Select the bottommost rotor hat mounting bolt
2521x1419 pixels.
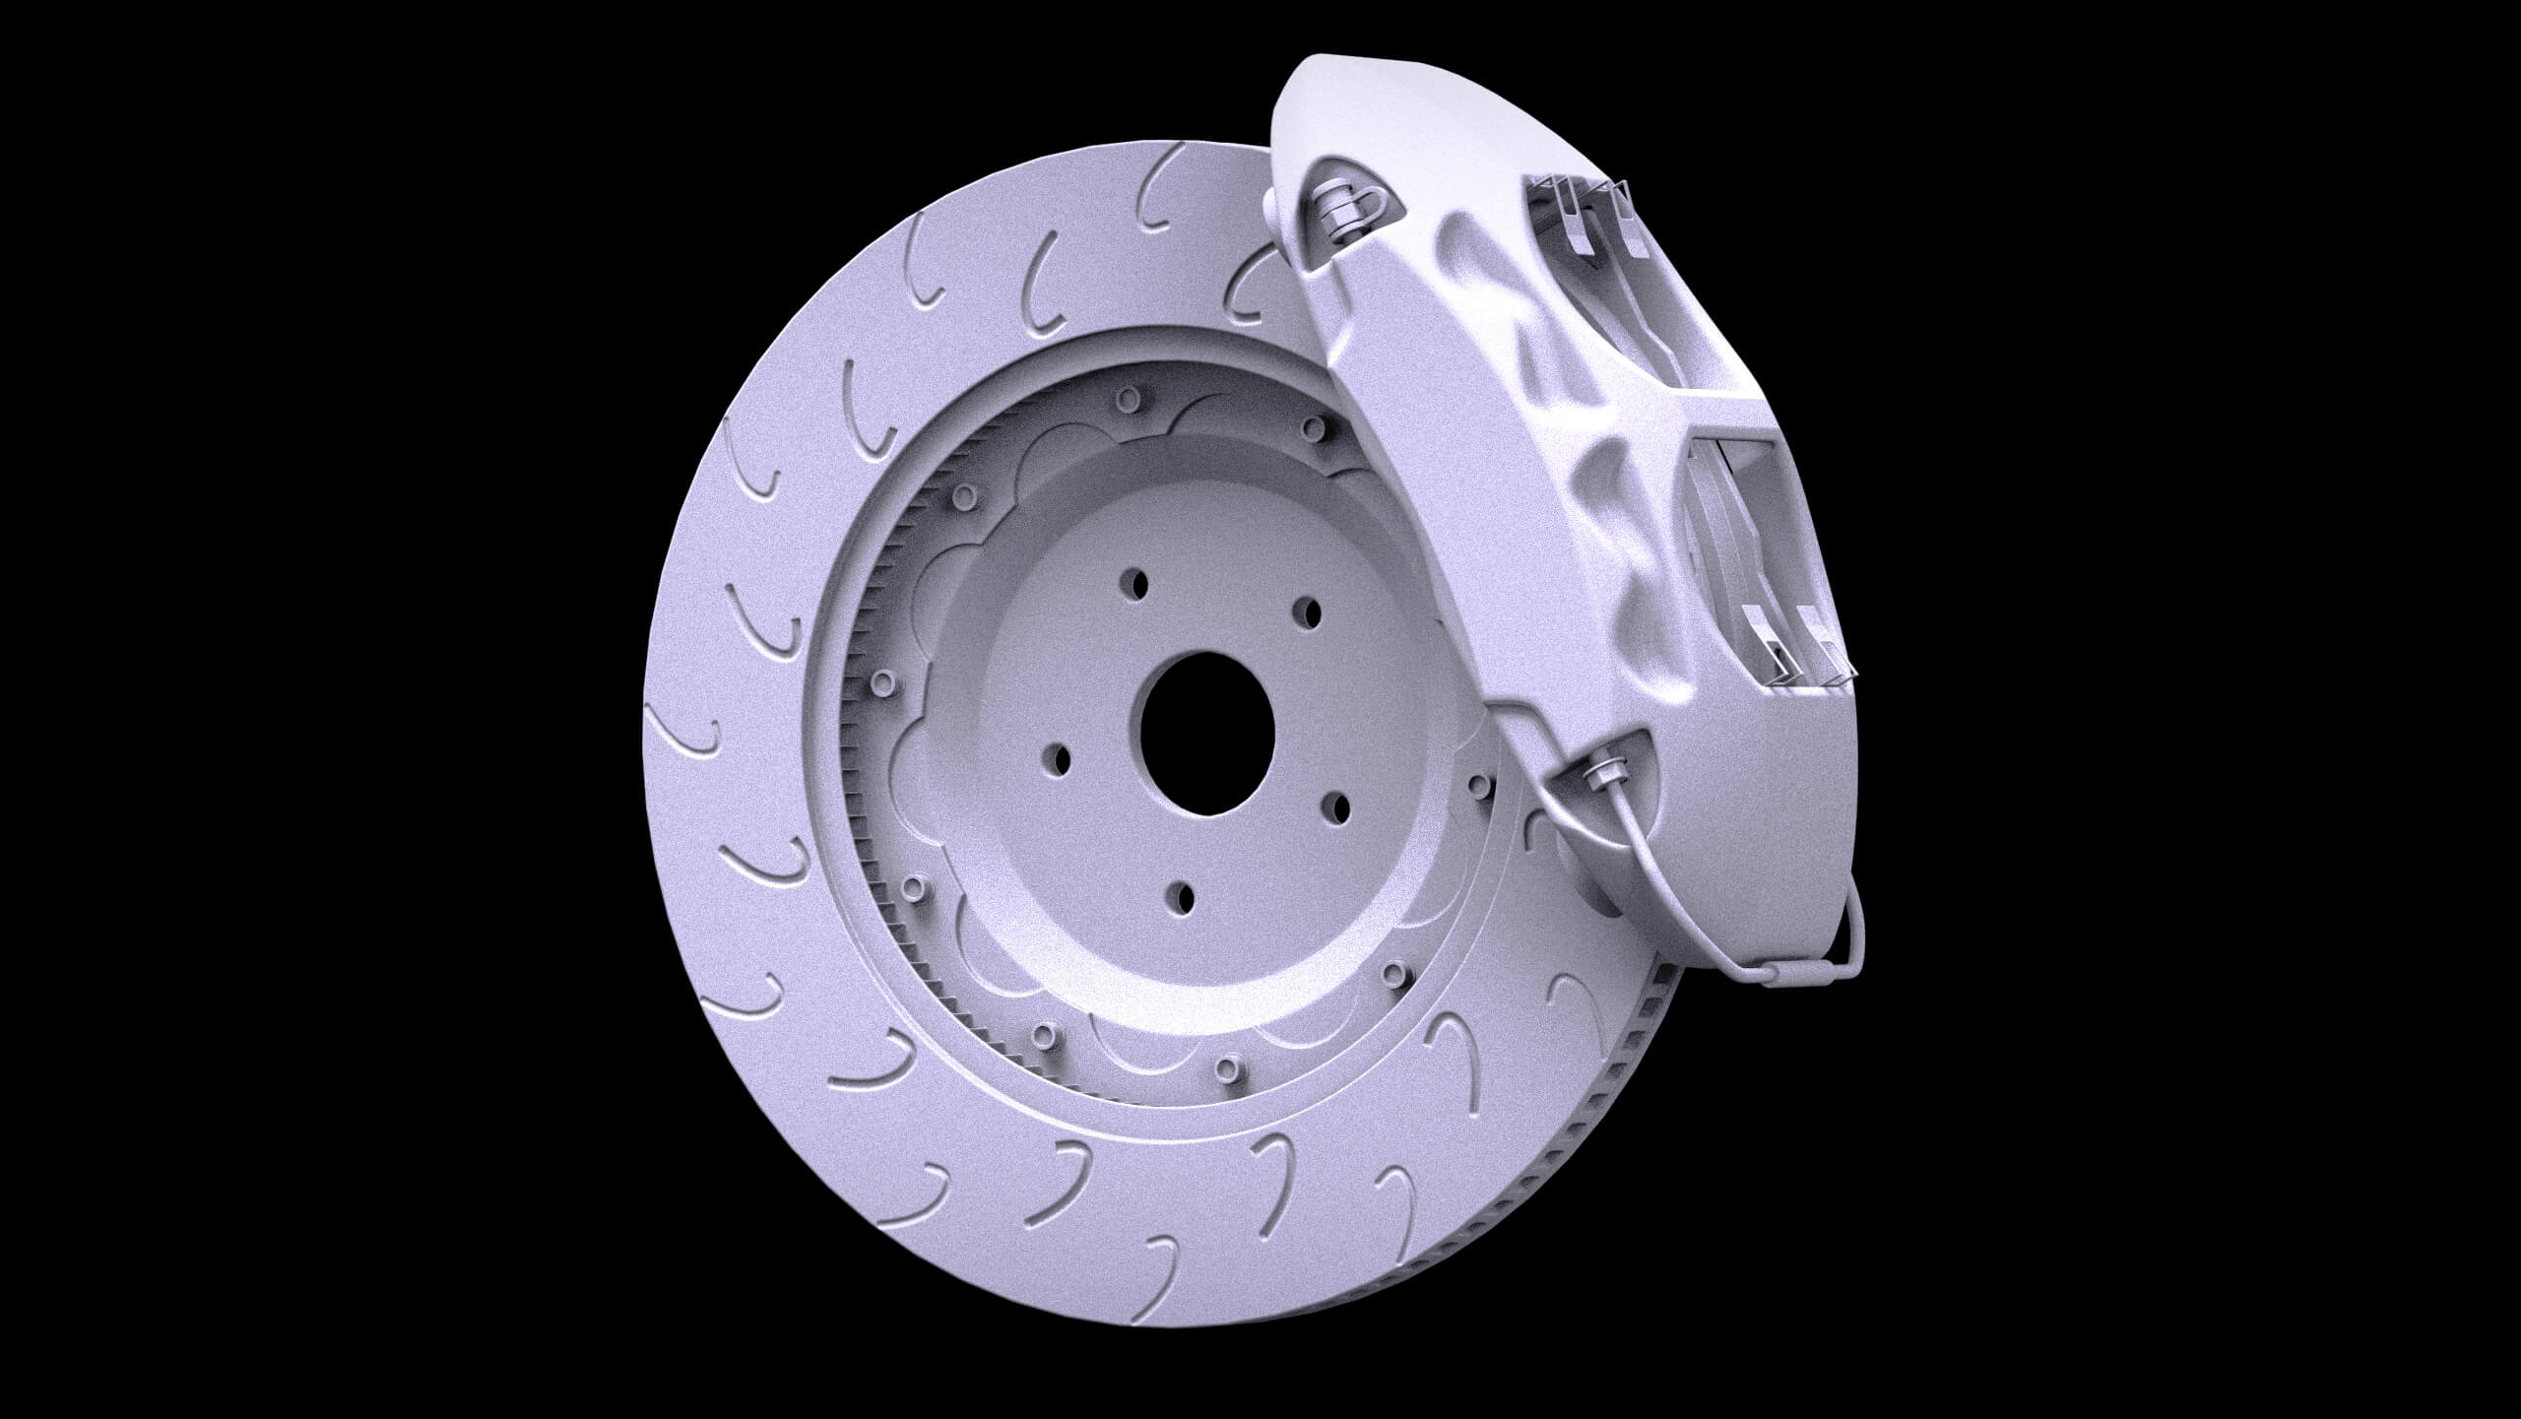coord(1226,1066)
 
